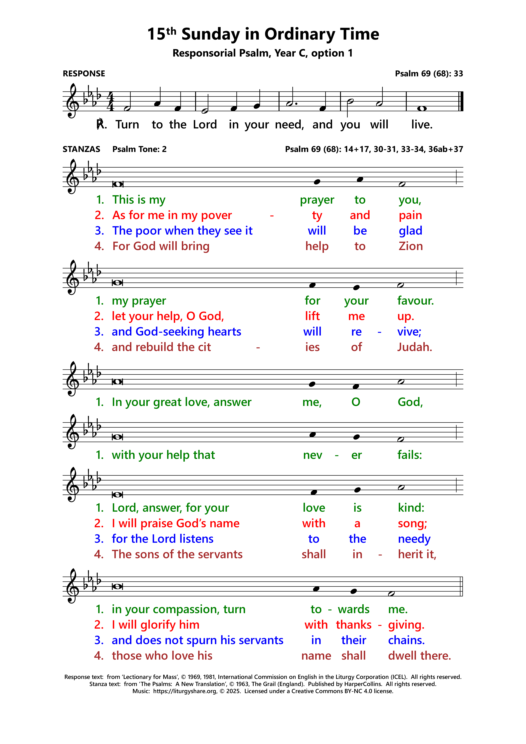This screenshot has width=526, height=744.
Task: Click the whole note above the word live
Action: point(422,109)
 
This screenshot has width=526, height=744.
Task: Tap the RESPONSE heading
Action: point(84,74)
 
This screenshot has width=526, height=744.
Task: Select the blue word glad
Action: point(410,231)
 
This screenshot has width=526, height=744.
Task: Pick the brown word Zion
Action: point(411,246)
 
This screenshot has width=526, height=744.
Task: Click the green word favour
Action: point(415,301)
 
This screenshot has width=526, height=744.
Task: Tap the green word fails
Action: point(410,455)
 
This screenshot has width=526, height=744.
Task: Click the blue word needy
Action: point(414,539)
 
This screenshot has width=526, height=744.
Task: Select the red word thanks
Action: point(354,625)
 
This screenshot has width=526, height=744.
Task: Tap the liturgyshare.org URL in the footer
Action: point(185,691)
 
